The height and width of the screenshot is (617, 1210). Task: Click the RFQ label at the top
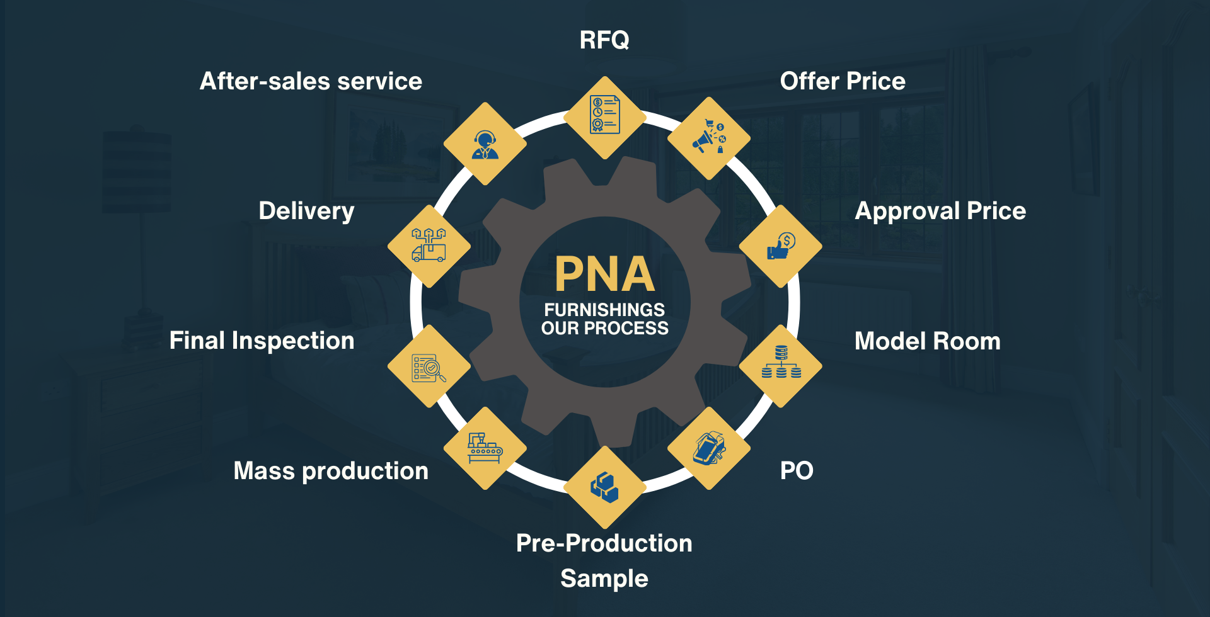(604, 40)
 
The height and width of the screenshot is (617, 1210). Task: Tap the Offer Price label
(843, 81)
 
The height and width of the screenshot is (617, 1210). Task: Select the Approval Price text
(940, 211)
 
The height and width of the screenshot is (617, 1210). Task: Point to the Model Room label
(927, 341)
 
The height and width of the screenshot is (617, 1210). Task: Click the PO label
(797, 471)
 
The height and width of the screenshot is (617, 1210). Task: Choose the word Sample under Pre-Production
(604, 579)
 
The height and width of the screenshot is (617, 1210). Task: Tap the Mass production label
(331, 471)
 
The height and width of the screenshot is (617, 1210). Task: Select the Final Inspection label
(262, 341)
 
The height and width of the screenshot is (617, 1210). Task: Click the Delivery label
(306, 211)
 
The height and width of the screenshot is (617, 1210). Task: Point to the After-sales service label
(311, 81)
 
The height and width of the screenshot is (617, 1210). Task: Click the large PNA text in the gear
(604, 275)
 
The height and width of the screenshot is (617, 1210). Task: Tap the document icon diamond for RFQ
(604, 117)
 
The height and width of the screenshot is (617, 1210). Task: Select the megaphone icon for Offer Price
(709, 138)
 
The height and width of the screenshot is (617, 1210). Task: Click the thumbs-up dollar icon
(781, 246)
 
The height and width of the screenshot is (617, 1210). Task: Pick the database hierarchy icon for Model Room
(781, 365)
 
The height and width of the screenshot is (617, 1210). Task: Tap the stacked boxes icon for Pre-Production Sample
(604, 487)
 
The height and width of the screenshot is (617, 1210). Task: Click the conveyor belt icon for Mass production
(485, 448)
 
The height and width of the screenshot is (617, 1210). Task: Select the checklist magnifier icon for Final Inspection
(429, 366)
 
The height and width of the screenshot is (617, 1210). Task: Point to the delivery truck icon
(429, 246)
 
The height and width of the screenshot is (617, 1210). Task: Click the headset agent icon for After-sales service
(485, 144)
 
